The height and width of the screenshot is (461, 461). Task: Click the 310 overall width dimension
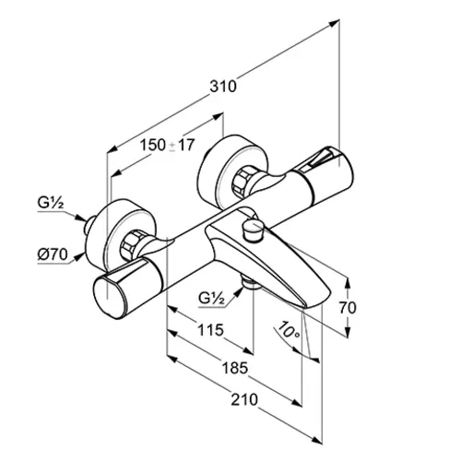tap(223, 87)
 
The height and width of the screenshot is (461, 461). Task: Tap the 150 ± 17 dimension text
tap(168, 145)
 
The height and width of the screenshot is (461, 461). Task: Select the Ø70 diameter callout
tap(53, 254)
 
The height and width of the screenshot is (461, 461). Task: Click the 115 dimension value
tap(210, 330)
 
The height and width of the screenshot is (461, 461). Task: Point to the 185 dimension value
tap(235, 368)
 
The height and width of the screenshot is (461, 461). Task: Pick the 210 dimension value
tap(244, 399)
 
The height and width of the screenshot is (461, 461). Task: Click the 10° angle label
tap(287, 331)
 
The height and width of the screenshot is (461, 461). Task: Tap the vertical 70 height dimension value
tap(348, 308)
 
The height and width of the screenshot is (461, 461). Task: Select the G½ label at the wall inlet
tap(51, 203)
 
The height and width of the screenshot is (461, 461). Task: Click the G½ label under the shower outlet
tap(211, 298)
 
